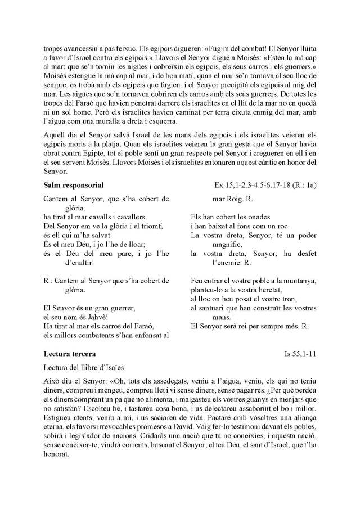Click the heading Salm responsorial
73,185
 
